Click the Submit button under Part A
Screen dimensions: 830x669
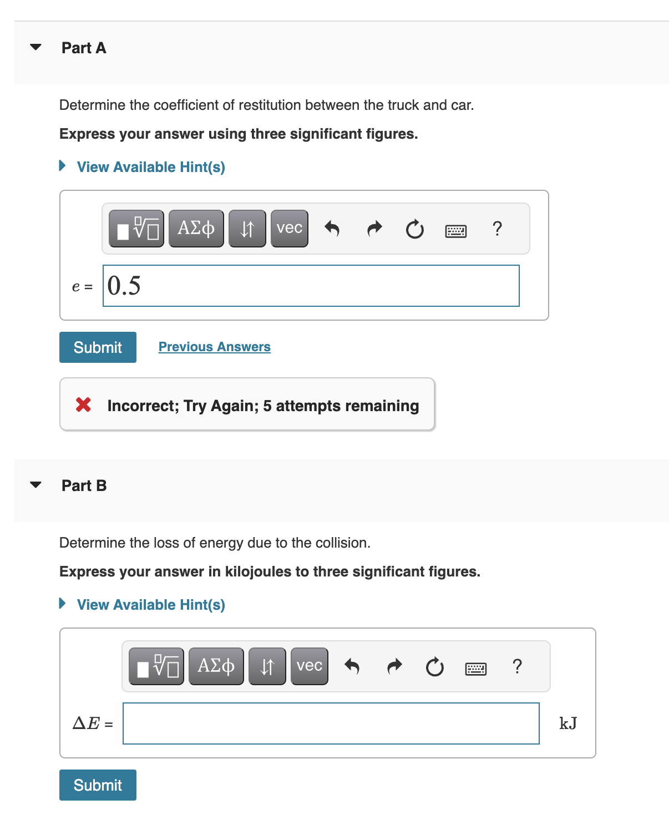click(98, 347)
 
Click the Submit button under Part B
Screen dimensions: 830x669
click(98, 785)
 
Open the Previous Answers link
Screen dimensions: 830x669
click(214, 347)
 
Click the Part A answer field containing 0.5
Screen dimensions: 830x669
click(311, 286)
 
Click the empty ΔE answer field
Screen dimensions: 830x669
click(331, 723)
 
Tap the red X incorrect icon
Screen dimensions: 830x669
click(84, 405)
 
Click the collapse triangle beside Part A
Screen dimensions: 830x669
click(36, 47)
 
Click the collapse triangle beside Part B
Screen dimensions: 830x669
click(36, 485)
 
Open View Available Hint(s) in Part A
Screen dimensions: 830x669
click(150, 167)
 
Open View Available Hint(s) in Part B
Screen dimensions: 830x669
click(150, 605)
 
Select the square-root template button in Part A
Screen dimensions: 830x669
click(136, 229)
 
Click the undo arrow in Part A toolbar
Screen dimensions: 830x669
click(332, 229)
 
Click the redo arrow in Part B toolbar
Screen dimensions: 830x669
click(394, 666)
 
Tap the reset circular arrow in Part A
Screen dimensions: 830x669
click(414, 229)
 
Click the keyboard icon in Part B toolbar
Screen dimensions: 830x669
click(475, 669)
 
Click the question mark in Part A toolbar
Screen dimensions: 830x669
click(497, 229)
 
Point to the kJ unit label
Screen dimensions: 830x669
click(568, 723)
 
